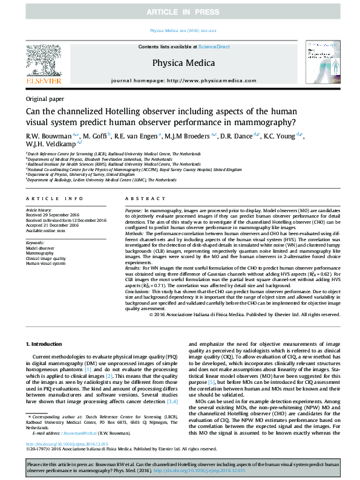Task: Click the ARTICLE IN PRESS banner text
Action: click(180, 12)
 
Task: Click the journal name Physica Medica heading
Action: click(179, 62)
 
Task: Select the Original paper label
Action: click(45, 98)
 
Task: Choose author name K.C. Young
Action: click(280, 136)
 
